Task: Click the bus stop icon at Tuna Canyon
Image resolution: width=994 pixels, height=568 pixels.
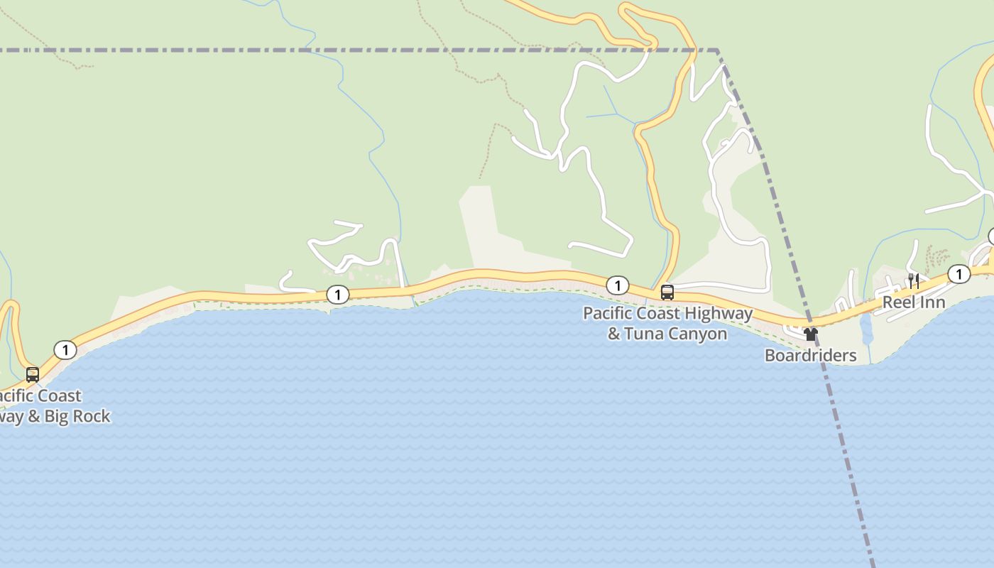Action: [x=667, y=292]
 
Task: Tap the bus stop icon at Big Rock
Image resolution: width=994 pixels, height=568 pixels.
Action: [x=33, y=374]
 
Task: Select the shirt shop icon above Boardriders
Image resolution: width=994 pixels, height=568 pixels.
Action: [x=810, y=334]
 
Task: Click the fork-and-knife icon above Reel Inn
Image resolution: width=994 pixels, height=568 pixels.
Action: [x=914, y=281]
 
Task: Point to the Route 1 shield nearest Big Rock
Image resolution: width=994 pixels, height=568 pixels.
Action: [x=65, y=349]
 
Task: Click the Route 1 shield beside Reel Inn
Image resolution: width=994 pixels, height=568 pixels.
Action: [x=959, y=274]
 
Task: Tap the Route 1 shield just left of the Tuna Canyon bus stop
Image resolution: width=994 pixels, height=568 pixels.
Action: [x=618, y=285]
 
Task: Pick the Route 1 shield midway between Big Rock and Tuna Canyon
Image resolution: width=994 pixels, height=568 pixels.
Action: [x=338, y=294]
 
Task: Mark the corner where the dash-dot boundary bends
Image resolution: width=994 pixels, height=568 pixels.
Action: [x=717, y=50]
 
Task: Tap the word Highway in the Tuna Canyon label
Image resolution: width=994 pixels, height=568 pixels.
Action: [x=719, y=313]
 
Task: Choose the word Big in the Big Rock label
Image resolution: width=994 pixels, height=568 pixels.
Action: [x=57, y=416]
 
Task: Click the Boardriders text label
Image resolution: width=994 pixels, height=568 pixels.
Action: [x=810, y=355]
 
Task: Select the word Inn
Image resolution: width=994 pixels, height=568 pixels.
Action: [x=932, y=302]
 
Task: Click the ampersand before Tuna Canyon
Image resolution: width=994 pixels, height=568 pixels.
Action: [x=614, y=334]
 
